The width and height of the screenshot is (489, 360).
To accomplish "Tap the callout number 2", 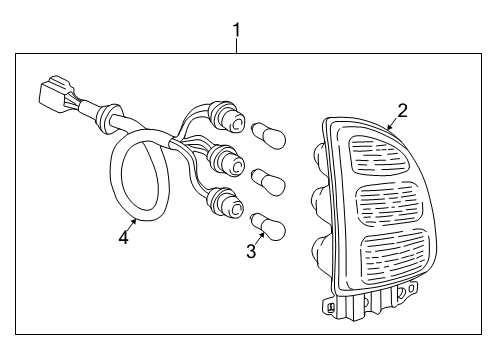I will click(x=402, y=110).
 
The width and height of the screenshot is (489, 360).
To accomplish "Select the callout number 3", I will click(x=251, y=251).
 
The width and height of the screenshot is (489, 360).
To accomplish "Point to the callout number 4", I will click(x=123, y=237).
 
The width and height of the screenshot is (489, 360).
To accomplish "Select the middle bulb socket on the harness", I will click(x=226, y=159).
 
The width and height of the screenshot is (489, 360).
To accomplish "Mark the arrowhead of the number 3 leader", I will click(x=262, y=232).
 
